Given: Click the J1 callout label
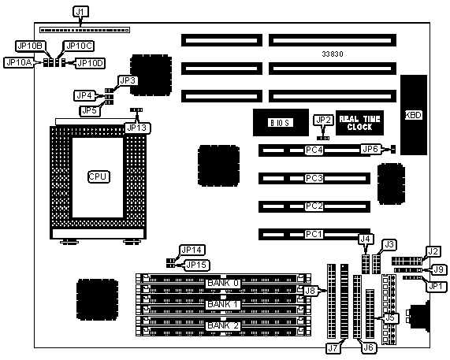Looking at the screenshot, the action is [x=80, y=12].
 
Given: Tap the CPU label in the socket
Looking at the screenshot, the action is [x=99, y=176].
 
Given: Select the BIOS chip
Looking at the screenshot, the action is [x=281, y=122].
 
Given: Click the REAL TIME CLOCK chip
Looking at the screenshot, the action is [x=359, y=123].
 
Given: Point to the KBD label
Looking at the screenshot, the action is [x=414, y=115].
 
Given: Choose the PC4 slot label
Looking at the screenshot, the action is [x=314, y=150].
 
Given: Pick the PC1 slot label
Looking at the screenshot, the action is [x=314, y=235].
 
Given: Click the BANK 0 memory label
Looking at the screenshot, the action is [x=223, y=283].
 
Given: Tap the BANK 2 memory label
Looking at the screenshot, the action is [x=223, y=325].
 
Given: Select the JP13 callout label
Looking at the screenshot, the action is [x=137, y=128].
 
